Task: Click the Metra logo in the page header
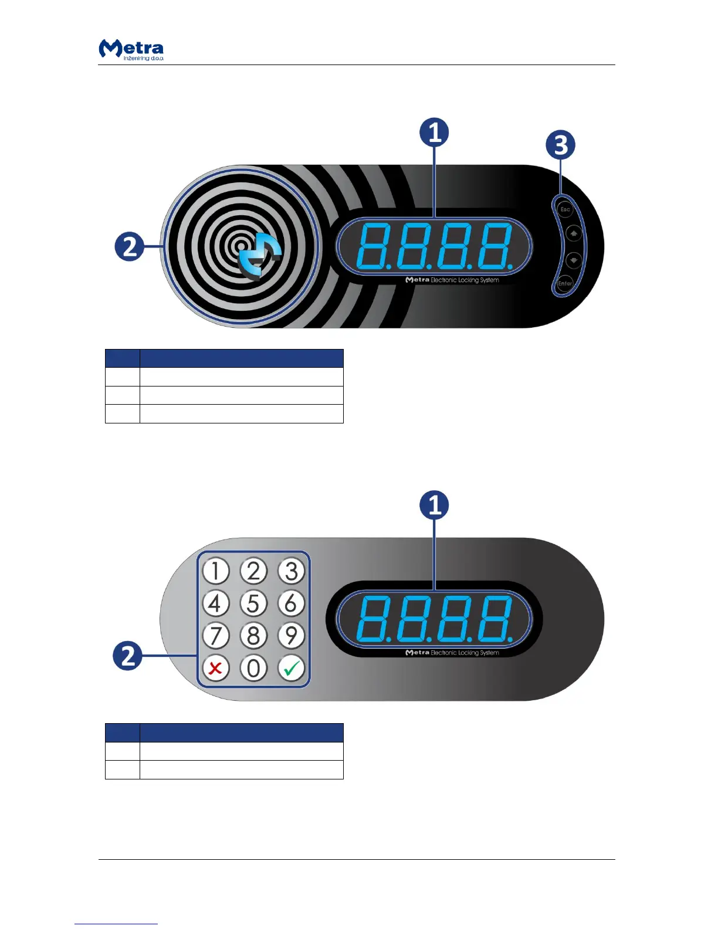[131, 49]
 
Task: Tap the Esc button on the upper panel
[565, 209]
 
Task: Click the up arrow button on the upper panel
[574, 234]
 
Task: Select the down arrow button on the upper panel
[574, 259]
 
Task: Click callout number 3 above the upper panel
[561, 145]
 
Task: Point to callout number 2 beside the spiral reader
[129, 246]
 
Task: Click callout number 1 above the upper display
[434, 133]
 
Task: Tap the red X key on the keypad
[216, 668]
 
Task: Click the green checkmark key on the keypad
[292, 668]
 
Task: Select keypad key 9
[292, 636]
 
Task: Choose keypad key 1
[216, 571]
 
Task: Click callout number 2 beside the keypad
[128, 655]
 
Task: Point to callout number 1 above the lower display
[434, 506]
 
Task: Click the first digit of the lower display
[373, 619]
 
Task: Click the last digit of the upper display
[494, 246]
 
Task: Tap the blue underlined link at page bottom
[116, 924]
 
